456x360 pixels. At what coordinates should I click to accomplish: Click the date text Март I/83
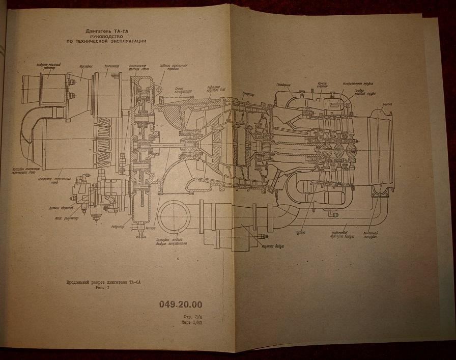click(192, 323)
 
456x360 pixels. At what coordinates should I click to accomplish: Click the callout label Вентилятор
click(111, 66)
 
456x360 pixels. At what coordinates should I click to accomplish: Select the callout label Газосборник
click(283, 85)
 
